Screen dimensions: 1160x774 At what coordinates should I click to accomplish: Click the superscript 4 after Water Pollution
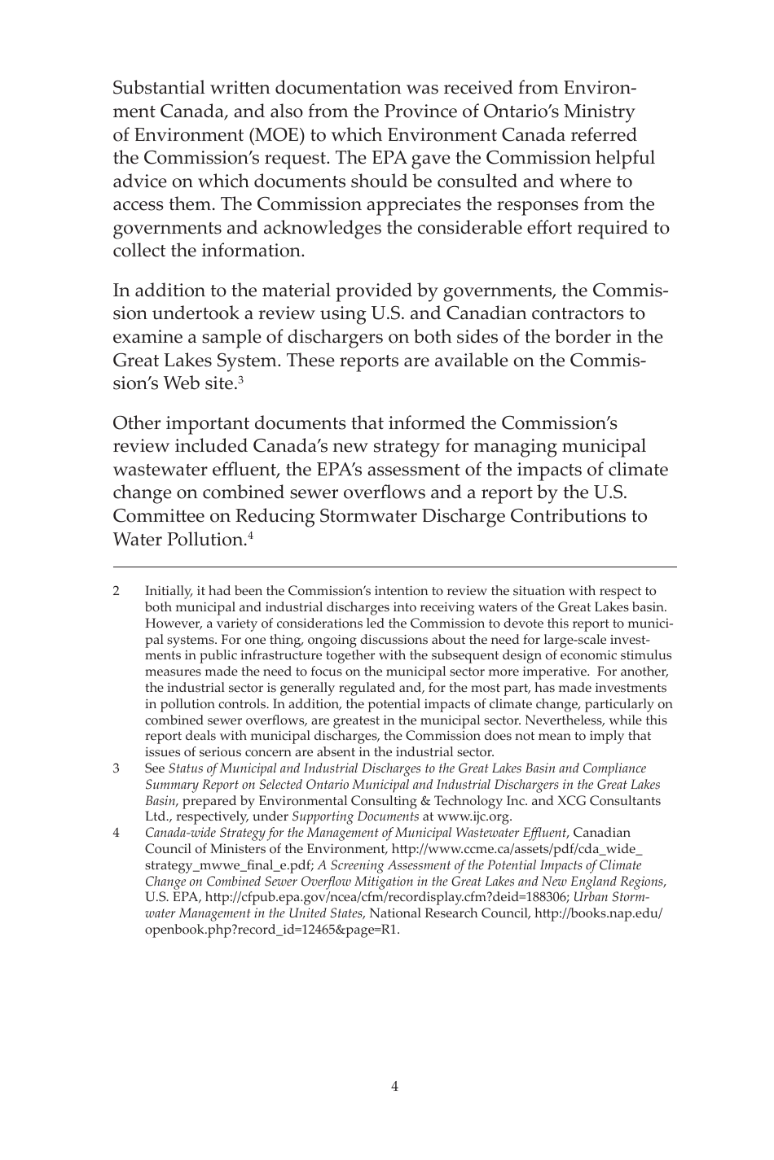coord(251,535)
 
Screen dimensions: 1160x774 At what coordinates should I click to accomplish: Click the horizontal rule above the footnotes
coord(394,567)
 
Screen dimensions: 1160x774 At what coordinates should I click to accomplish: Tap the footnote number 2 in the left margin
coord(117,591)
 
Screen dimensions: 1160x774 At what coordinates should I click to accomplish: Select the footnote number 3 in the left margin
coord(117,768)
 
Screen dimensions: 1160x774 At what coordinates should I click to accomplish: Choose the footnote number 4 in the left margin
coord(117,833)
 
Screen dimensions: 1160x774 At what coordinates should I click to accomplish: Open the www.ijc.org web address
coord(474,816)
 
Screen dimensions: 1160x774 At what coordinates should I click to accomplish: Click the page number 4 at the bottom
coord(394,1086)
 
